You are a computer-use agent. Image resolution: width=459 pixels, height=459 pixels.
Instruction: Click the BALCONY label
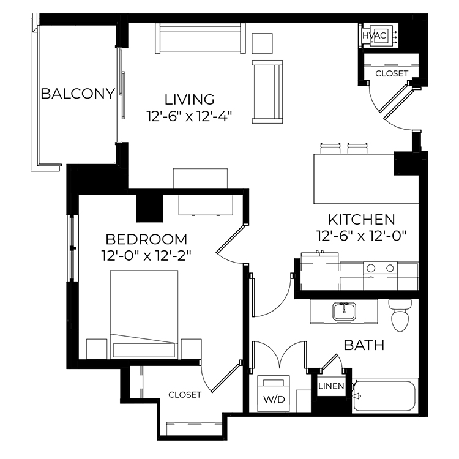click(x=78, y=94)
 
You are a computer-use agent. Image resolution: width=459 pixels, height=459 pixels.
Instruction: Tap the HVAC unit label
click(x=375, y=35)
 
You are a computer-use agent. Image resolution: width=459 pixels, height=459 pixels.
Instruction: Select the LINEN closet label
click(x=331, y=386)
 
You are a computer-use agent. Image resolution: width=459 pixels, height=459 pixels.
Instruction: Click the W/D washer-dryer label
click(x=274, y=399)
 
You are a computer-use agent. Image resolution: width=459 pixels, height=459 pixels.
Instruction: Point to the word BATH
click(x=364, y=345)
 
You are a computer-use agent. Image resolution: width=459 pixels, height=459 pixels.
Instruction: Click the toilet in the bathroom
click(x=400, y=316)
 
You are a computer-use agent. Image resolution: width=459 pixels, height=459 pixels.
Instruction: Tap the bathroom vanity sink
click(x=344, y=311)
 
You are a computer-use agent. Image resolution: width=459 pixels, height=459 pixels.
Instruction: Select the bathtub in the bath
click(x=385, y=396)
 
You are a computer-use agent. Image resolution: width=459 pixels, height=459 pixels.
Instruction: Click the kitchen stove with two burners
click(x=380, y=275)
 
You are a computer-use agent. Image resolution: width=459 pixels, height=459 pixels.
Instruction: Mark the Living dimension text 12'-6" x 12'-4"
click(x=189, y=117)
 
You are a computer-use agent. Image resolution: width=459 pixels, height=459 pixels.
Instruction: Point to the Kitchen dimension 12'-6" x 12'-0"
click(x=362, y=236)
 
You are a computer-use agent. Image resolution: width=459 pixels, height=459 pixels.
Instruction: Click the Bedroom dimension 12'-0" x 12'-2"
click(x=146, y=256)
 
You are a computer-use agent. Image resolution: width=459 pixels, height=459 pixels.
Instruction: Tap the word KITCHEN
click(x=362, y=220)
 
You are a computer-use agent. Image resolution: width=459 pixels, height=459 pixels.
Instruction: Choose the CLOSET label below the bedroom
click(x=185, y=395)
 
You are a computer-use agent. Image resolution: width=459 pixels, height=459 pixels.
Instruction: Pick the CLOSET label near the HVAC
click(x=392, y=73)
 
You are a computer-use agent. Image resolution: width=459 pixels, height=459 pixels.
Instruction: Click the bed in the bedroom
click(x=144, y=315)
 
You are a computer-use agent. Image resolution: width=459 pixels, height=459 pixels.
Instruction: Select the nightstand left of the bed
click(x=97, y=349)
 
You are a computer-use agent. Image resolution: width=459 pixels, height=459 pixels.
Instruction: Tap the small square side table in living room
click(x=263, y=43)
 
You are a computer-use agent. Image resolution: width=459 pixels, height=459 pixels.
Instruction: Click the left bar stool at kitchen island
click(x=330, y=149)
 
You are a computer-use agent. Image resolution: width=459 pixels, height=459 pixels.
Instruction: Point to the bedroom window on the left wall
click(x=73, y=248)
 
